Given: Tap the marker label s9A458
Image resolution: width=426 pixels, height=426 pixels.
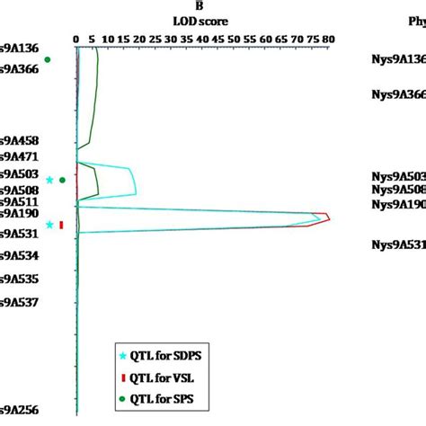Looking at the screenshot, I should pyautogui.click(x=19, y=141).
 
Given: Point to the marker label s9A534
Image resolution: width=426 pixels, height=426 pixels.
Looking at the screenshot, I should pyautogui.click(x=19, y=255).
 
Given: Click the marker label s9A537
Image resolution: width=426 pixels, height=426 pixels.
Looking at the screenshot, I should pyautogui.click(x=19, y=302).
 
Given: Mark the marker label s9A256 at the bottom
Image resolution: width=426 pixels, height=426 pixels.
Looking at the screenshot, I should pyautogui.click(x=19, y=410).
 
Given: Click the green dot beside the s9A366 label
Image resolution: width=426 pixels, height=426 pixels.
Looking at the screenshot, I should pyautogui.click(x=49, y=60).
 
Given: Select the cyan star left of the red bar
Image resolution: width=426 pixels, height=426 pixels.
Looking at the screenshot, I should pyautogui.click(x=50, y=226).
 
